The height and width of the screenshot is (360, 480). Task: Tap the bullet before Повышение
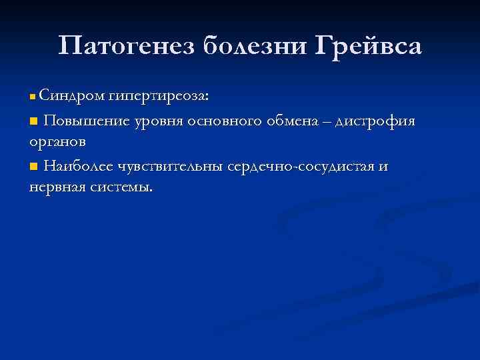click(34, 121)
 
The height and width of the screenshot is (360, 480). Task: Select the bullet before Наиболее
click(34, 166)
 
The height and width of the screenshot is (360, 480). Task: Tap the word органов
click(57, 143)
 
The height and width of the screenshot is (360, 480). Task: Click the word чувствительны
click(170, 166)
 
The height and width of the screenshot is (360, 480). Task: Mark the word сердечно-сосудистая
click(302, 166)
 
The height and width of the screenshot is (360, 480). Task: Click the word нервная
click(57, 187)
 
